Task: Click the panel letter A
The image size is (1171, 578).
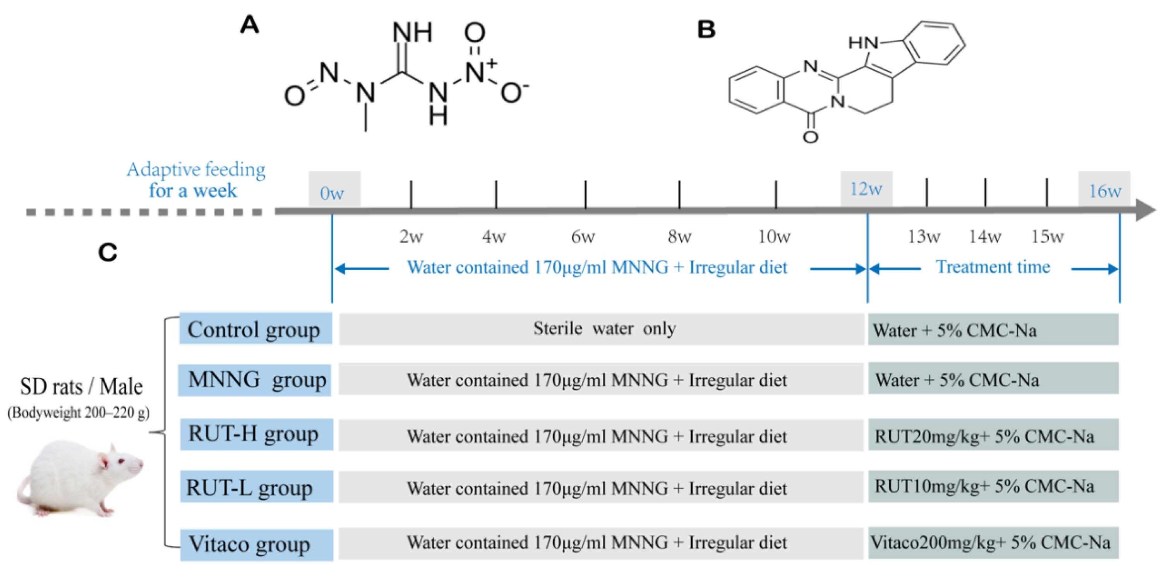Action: [250, 25]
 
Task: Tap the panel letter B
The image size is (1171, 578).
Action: [706, 29]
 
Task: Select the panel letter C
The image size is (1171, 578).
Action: [108, 253]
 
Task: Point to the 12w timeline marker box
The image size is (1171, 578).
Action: [866, 188]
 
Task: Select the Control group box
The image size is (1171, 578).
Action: [255, 329]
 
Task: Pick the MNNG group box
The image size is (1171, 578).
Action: [255, 380]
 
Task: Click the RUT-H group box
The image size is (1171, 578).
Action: [256, 434]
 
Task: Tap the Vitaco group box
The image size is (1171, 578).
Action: [256, 544]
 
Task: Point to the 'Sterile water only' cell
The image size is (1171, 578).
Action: [601, 329]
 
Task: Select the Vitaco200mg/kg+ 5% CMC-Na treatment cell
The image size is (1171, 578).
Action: [993, 542]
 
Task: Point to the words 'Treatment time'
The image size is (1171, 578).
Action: [993, 267]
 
